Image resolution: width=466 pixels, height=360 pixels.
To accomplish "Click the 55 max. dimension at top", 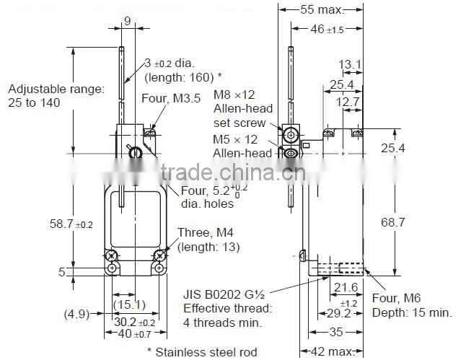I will (x=320, y=9).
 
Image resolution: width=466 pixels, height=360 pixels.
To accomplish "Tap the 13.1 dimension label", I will (x=350, y=65).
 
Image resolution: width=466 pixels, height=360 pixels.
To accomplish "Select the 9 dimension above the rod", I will (x=126, y=21).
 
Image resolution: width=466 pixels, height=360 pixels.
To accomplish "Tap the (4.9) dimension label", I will (x=79, y=313).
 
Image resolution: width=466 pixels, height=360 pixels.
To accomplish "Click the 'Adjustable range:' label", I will (x=56, y=89).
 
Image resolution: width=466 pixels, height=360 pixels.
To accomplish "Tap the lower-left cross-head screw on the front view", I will (x=112, y=255).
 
